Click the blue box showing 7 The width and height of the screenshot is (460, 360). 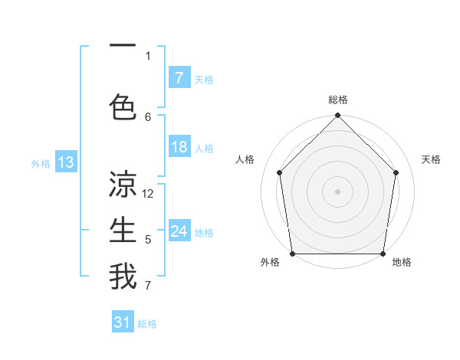pyautogui.click(x=179, y=78)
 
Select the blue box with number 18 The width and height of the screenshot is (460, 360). pyautogui.click(x=179, y=148)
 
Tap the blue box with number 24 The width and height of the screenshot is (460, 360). pyautogui.click(x=179, y=232)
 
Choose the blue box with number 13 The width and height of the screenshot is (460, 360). pyautogui.click(x=65, y=162)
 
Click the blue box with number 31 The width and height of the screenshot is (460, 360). pyautogui.click(x=123, y=323)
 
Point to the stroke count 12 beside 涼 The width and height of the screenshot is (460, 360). pyautogui.click(x=149, y=194)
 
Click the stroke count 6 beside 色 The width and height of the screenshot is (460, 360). pyautogui.click(x=148, y=116)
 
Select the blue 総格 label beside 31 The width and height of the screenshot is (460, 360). pyautogui.click(x=147, y=324)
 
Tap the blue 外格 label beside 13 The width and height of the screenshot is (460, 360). pyautogui.click(x=41, y=163)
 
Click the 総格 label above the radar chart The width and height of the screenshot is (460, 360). pyautogui.click(x=337, y=100)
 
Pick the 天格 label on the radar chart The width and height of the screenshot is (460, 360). pyautogui.click(x=431, y=159)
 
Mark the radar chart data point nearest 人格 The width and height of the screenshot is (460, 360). pyautogui.click(x=279, y=172)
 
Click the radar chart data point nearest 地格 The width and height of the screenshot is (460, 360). pyautogui.click(x=383, y=254)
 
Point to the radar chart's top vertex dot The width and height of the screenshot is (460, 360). pyautogui.click(x=337, y=116)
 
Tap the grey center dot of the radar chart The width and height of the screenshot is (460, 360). pyautogui.click(x=337, y=191)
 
